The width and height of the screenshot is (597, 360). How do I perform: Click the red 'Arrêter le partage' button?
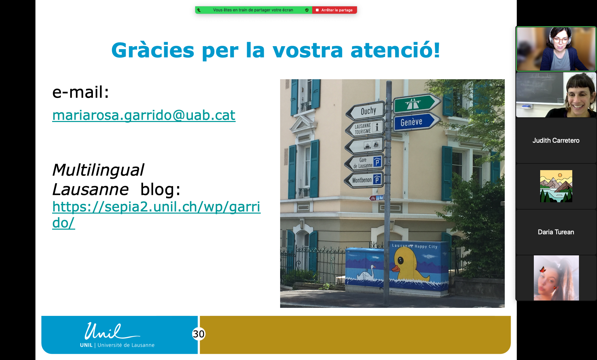click(334, 10)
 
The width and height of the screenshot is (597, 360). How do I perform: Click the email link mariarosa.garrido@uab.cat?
click(144, 115)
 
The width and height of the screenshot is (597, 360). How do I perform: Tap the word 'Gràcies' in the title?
click(153, 50)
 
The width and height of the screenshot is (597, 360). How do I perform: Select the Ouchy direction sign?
click(366, 111)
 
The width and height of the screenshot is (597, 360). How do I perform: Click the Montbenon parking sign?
click(364, 180)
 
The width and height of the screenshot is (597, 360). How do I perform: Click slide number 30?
click(199, 334)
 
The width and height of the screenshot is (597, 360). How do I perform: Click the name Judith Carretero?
click(556, 141)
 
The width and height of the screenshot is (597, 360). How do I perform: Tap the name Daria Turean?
click(556, 232)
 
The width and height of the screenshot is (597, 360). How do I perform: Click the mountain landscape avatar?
click(556, 186)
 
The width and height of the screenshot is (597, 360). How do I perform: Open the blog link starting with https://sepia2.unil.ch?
click(156, 207)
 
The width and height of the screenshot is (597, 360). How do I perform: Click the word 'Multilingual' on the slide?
click(98, 170)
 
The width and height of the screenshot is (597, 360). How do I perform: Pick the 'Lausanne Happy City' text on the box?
click(414, 246)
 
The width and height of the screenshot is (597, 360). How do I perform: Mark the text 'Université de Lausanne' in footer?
click(126, 345)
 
